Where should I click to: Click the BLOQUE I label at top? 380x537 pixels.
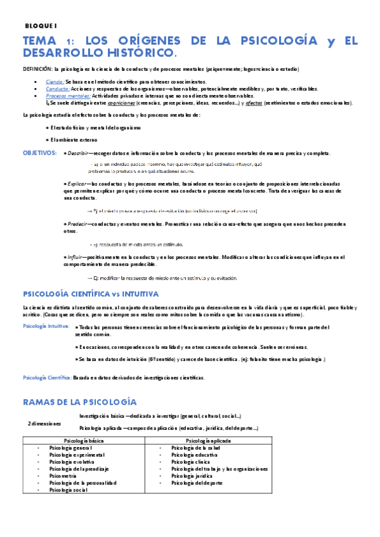point(41,25)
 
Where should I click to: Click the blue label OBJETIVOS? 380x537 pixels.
point(40,154)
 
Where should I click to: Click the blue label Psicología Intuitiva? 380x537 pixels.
point(46,326)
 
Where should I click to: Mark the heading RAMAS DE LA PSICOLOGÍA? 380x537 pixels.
point(79,402)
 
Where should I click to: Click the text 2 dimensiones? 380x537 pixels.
point(44,423)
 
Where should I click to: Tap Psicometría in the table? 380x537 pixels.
point(66,475)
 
